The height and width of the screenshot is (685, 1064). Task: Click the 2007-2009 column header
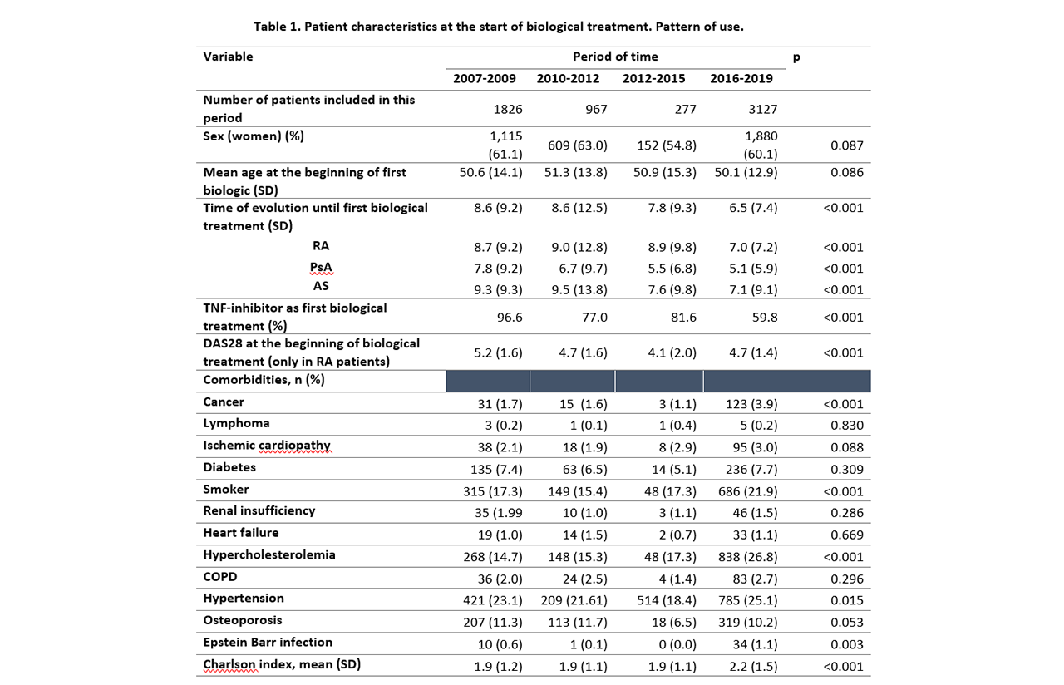484,79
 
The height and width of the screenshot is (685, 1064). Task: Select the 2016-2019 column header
741,79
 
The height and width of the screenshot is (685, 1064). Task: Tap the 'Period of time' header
615,57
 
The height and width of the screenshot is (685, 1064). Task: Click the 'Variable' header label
228,57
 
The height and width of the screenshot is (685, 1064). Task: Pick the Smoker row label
226,490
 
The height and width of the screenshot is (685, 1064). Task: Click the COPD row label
220,577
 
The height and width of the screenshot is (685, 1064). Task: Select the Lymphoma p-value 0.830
847,426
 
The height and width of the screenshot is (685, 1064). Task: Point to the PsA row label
321,267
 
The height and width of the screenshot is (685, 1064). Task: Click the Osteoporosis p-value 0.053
847,623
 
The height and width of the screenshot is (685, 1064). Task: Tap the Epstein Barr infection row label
268,643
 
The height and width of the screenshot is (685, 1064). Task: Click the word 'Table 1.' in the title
276,27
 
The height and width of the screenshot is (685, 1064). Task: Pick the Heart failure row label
241,533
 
